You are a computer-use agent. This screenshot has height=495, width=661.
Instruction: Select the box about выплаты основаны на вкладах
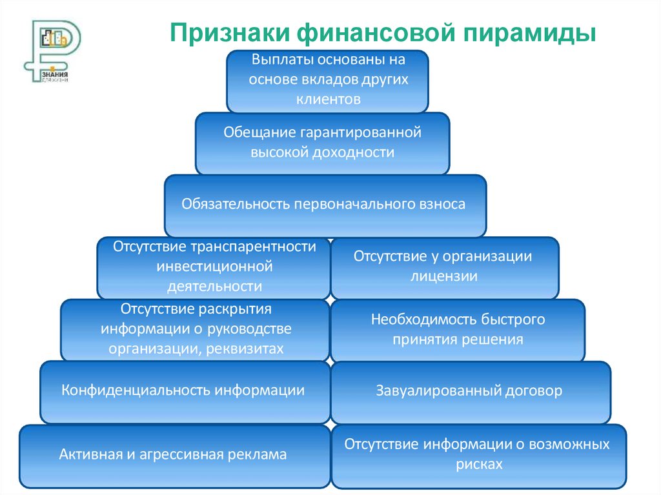pyautogui.click(x=327, y=81)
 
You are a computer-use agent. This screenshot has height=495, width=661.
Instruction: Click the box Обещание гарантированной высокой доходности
pyautogui.click(x=322, y=143)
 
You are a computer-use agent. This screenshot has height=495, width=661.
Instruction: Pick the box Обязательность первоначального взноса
pyautogui.click(x=325, y=205)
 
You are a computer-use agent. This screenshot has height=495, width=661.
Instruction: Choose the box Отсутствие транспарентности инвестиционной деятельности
pyautogui.click(x=214, y=267)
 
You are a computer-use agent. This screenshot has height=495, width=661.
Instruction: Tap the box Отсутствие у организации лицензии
pyautogui.click(x=444, y=267)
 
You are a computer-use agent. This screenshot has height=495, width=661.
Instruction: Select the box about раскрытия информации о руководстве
pyautogui.click(x=195, y=329)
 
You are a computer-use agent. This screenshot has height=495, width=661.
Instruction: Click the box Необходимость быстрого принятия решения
pyautogui.click(x=457, y=329)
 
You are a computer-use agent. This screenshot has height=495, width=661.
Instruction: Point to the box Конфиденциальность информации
pyautogui.click(x=185, y=391)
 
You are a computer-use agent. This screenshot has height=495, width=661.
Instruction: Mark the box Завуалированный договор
pyautogui.click(x=469, y=391)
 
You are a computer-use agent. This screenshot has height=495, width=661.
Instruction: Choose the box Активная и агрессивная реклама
pyautogui.click(x=173, y=455)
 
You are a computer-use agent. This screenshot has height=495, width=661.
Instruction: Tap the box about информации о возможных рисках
pyautogui.click(x=477, y=455)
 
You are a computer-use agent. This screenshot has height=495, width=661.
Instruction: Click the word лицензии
pyautogui.click(x=443, y=277)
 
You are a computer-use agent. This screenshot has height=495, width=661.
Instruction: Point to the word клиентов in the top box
pyautogui.click(x=327, y=99)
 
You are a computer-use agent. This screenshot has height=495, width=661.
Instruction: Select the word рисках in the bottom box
pyautogui.click(x=477, y=464)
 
